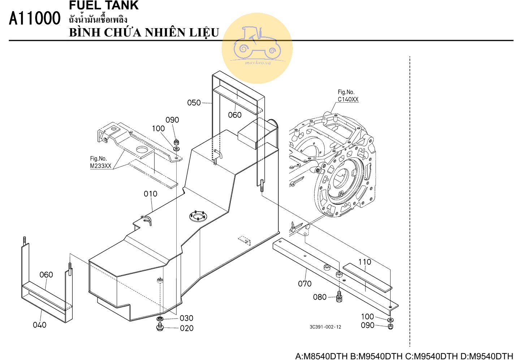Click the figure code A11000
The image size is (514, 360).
coord(35,18)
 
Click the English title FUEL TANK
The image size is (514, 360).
coord(104,5)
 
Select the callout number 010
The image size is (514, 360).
coord(150,194)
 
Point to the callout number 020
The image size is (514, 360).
coord(186,328)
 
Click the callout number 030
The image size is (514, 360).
coord(186,318)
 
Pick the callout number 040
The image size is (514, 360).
coord(39,325)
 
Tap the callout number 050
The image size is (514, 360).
coord(194,103)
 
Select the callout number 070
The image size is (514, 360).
coord(304,284)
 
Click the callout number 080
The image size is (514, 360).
coord(320,297)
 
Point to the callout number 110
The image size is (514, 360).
coord(365,262)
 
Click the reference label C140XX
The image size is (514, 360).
coord(348,99)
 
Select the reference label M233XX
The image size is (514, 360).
coord(100,166)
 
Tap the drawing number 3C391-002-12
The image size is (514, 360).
coord(325,327)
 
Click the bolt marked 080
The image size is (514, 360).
coord(339,297)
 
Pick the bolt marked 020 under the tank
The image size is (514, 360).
coord(160,327)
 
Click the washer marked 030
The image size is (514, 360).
coord(160,319)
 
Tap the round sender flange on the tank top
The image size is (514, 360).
coord(197,216)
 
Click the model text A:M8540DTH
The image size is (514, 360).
coord(321,356)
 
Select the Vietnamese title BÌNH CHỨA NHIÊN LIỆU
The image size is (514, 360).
coord(144,32)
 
